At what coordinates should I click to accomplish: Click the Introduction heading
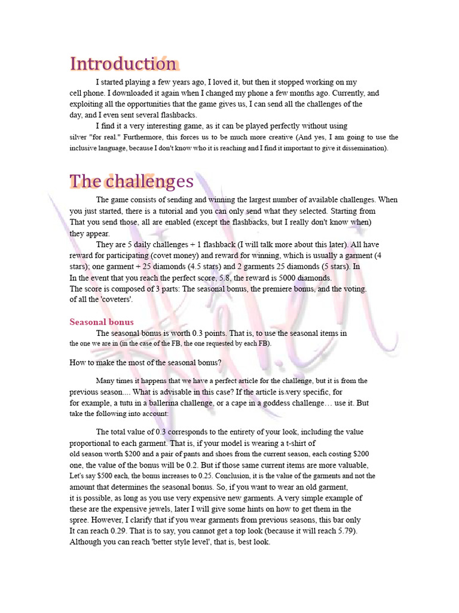pyautogui.click(x=123, y=64)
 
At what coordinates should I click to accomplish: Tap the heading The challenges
pyautogui.click(x=131, y=181)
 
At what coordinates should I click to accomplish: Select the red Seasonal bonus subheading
pyautogui.click(x=102, y=322)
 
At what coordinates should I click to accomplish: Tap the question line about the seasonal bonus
pyautogui.click(x=146, y=363)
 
